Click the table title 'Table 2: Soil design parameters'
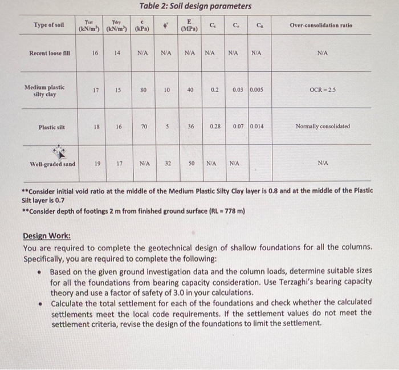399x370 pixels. coord(196,6)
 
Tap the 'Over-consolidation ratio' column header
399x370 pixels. coord(321,26)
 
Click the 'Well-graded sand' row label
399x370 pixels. coord(52,165)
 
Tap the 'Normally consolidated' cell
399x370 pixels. coord(323,127)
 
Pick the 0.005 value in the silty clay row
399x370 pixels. coord(256,90)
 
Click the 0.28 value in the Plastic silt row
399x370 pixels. coord(214,126)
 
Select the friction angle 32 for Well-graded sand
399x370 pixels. coord(168,164)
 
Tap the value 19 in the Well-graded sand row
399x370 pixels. coord(97,164)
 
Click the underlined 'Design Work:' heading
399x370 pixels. coord(47,236)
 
